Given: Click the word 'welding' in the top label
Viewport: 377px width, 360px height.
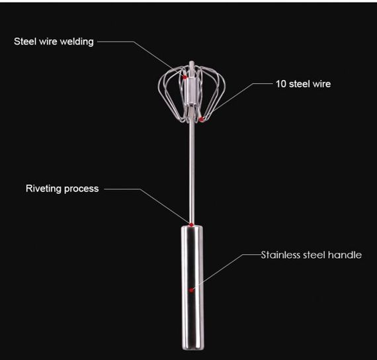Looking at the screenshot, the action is click(77, 42).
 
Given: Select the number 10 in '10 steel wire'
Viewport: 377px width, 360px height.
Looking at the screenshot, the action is click(281, 84).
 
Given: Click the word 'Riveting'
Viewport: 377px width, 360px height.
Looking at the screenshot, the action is click(44, 189).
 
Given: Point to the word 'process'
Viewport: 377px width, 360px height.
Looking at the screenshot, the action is click(81, 189).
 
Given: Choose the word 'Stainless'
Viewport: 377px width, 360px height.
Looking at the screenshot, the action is click(280, 255).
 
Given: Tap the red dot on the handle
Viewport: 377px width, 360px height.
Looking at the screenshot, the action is click(191, 291).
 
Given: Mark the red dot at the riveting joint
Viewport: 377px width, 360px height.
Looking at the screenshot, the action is click(191, 225).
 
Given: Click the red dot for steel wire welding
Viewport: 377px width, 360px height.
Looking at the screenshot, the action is click(185, 77).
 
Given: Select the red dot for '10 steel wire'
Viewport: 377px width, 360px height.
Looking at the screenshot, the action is click(201, 119).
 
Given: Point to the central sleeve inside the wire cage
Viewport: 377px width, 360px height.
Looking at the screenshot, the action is click(191, 91).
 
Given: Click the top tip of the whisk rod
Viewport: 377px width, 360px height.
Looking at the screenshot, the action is click(191, 62).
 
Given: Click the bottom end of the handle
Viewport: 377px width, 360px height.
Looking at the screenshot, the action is click(192, 349).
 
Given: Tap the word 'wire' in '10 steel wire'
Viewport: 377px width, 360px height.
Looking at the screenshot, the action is click(321, 84).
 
